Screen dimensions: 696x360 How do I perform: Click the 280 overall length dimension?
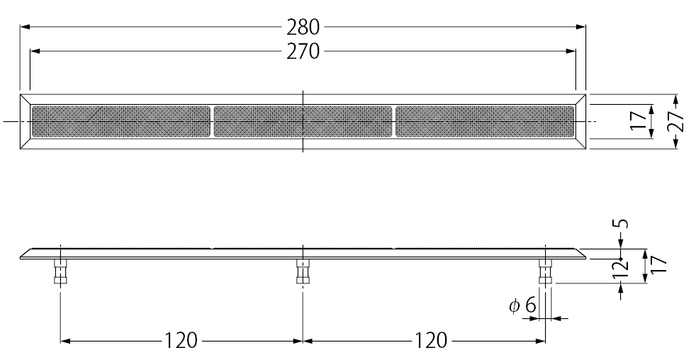[x=303, y=27]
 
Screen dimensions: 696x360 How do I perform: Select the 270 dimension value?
[x=303, y=52]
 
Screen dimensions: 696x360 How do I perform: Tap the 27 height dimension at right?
[x=675, y=121]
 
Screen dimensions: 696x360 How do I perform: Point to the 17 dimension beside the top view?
[x=638, y=121]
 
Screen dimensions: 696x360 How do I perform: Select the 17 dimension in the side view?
[x=659, y=264]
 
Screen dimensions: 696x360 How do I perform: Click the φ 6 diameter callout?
[x=522, y=306]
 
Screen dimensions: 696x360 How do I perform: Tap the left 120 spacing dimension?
[x=181, y=341]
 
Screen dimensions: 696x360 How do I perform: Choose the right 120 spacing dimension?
[x=431, y=341]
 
